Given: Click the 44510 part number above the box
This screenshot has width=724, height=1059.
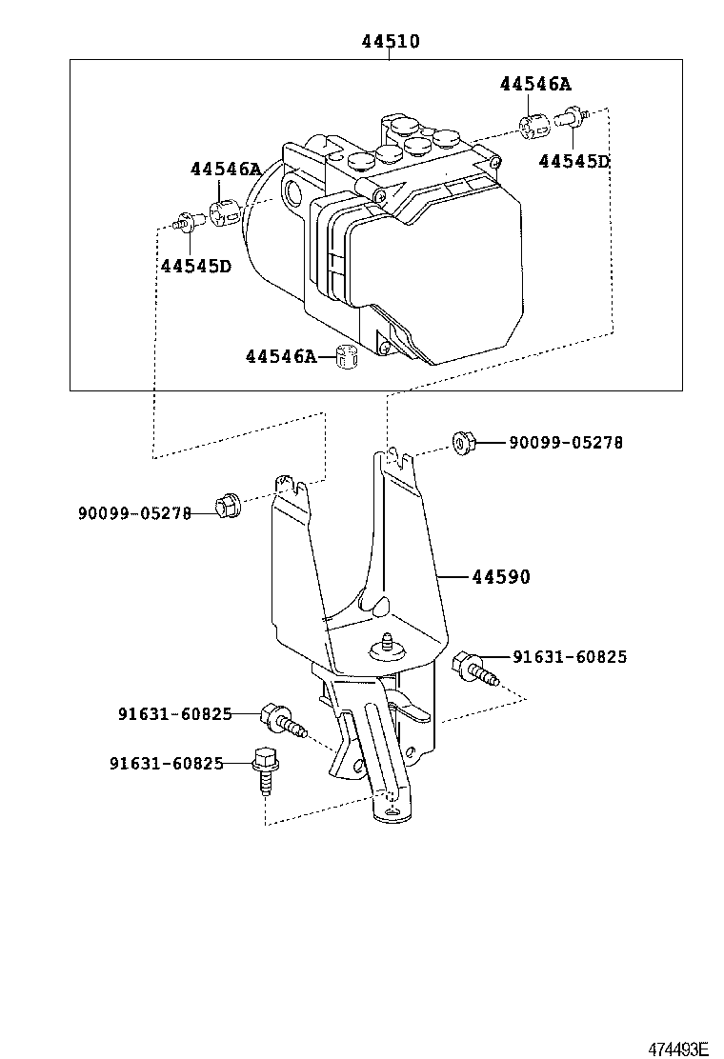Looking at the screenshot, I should point(390,42).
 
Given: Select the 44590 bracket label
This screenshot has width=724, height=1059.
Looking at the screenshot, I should point(499,577).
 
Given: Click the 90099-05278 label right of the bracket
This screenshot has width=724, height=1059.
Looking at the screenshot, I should point(566,443).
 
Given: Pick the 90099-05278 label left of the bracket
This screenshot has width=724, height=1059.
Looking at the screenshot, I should point(134,513).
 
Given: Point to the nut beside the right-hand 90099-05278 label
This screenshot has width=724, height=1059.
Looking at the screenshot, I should point(462,442).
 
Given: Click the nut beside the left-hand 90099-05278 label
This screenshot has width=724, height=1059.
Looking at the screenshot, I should point(229,506).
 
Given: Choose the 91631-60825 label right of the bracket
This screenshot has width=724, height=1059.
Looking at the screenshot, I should point(570,657).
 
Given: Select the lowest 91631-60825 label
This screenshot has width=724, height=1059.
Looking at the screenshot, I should point(166,763).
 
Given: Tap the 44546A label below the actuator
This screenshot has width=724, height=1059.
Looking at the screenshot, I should point(280,356).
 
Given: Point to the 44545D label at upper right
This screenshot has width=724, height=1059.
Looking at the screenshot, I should point(573,162).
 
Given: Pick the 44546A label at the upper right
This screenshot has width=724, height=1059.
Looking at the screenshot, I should point(535,84).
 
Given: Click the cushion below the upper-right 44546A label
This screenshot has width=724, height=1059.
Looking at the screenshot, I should point(534,125).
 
